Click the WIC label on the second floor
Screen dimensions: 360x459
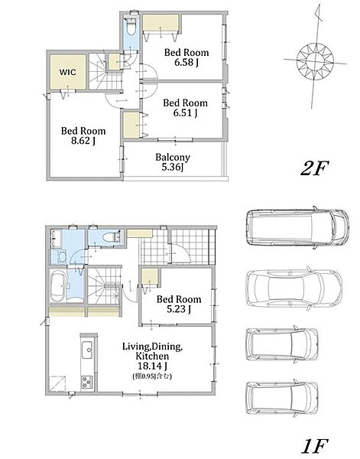[67, 72]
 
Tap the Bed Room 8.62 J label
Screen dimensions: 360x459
[83, 136]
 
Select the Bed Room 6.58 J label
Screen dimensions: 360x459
[186, 57]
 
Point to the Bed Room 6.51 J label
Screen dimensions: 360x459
[186, 108]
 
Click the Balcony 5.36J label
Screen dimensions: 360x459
[173, 162]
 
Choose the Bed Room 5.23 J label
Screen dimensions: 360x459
[179, 304]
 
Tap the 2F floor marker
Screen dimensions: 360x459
[314, 168]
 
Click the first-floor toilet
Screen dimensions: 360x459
[113, 237]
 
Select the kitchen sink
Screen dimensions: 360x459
[87, 350]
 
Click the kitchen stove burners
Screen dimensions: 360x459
[87, 382]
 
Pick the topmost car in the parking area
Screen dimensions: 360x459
[297, 227]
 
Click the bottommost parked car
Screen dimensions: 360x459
[282, 397]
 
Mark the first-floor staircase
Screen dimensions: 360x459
[105, 286]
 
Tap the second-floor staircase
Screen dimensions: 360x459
[105, 72]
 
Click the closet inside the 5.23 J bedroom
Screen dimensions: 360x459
[149, 277]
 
